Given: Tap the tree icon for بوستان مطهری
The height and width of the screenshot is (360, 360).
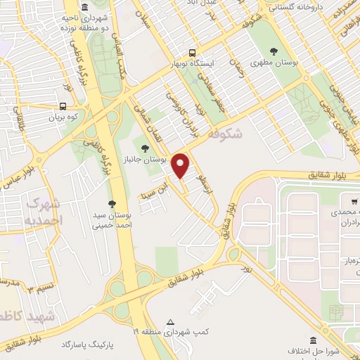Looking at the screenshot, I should click(274, 51).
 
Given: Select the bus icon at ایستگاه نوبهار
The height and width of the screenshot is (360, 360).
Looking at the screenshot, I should click(192, 52).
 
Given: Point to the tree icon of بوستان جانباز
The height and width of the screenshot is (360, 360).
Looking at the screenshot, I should click(145, 148).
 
